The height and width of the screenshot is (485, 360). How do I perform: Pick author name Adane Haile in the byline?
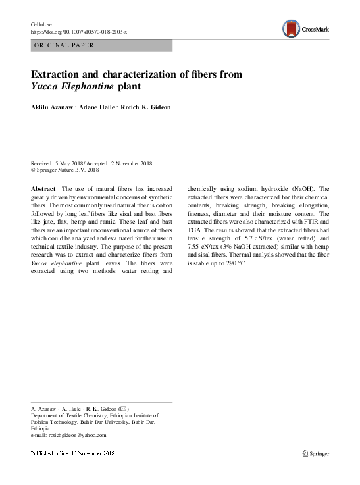[x=97, y=107]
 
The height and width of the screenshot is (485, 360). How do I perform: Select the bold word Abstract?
[x=43, y=188]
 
